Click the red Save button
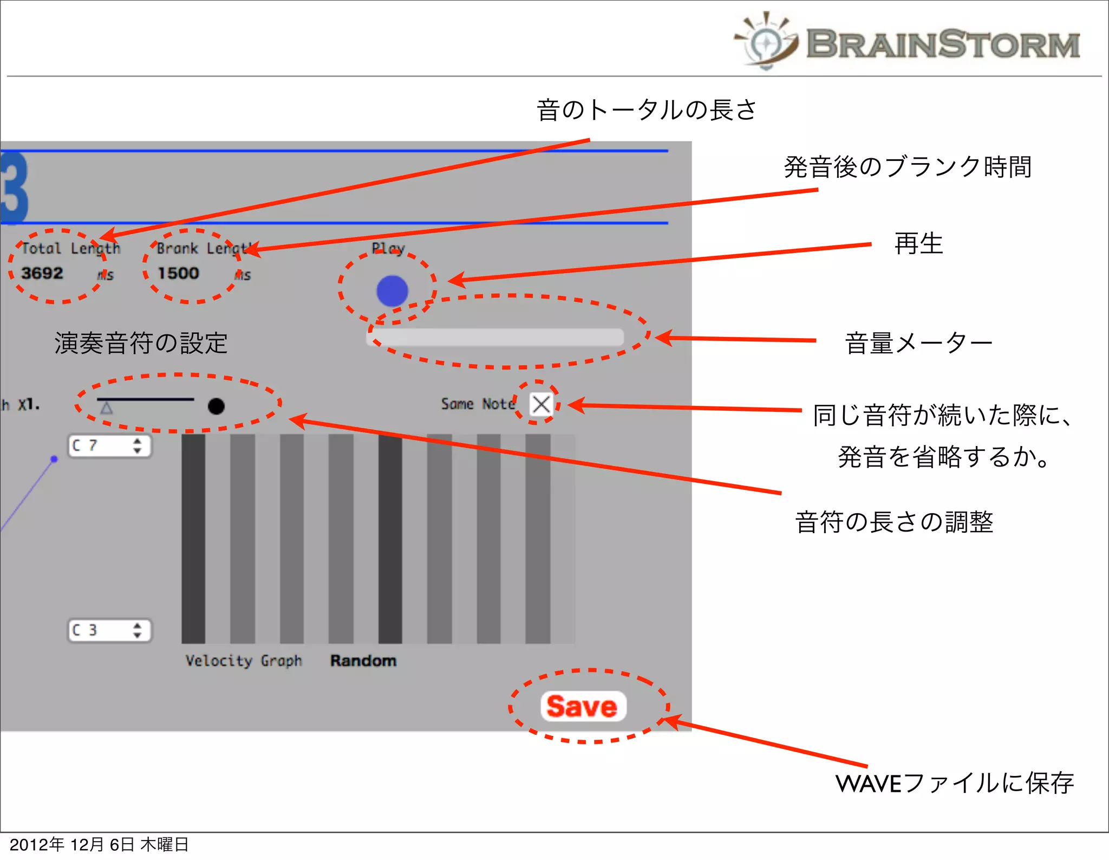click(583, 706)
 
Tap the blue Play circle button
click(392, 291)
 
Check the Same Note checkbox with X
click(540, 404)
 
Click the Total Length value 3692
click(42, 273)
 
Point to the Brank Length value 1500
click(178, 273)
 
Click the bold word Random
click(363, 661)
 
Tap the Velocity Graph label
click(244, 661)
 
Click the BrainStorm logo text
click(942, 44)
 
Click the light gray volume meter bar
click(495, 337)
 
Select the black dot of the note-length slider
click(216, 406)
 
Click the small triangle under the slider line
click(107, 408)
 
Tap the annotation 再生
click(918, 243)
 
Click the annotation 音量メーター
click(918, 344)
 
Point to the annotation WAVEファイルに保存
click(954, 783)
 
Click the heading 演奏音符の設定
click(141, 343)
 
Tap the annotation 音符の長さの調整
click(894, 522)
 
